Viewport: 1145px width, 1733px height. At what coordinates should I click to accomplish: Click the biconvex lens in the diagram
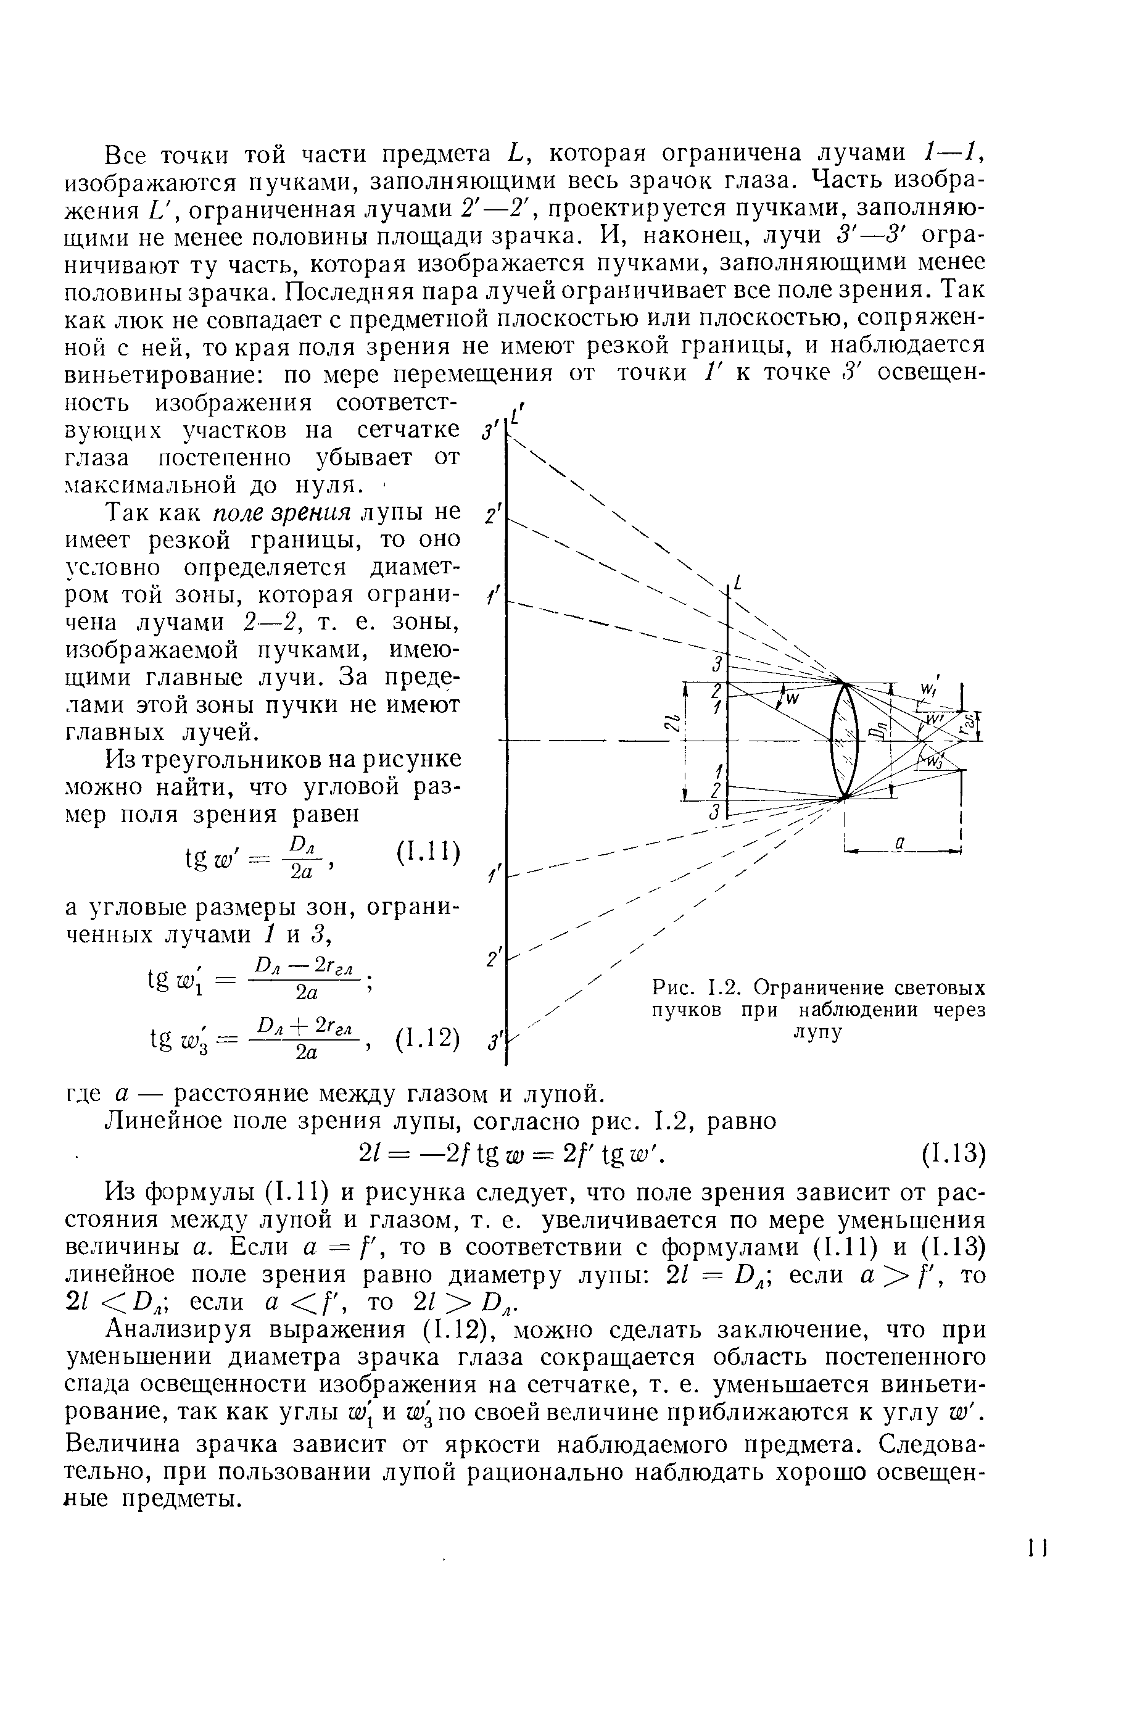(843, 740)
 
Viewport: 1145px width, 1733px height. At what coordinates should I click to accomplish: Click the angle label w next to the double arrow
(792, 698)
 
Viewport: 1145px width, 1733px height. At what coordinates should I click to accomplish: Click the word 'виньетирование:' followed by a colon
(167, 374)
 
